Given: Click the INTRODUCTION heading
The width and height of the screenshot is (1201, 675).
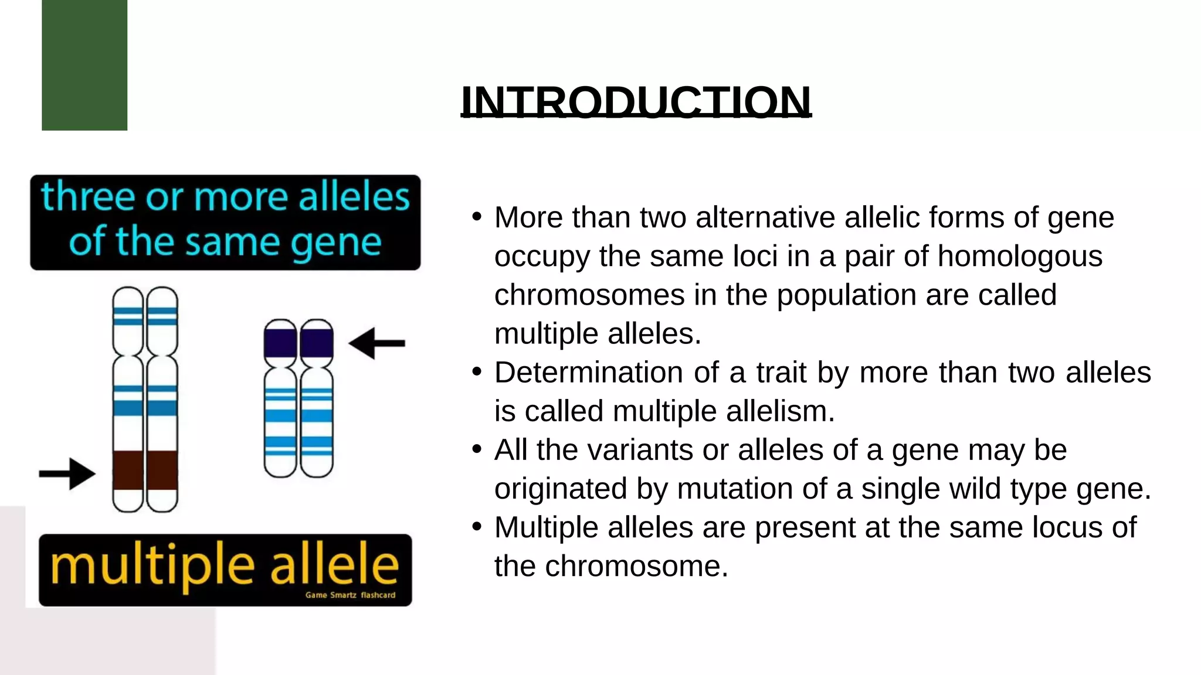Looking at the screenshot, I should (x=636, y=101).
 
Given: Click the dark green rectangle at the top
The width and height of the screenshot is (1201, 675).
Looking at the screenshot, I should (x=84, y=64).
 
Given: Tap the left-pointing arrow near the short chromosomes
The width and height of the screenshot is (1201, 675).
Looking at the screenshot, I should (x=376, y=343).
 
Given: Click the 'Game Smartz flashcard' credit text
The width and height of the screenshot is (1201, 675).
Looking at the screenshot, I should (x=350, y=595).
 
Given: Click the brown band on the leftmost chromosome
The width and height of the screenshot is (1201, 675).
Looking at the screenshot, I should (x=128, y=470).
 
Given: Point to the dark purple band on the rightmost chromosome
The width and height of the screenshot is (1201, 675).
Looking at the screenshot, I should (x=317, y=344).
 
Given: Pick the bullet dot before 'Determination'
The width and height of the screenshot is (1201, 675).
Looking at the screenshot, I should (x=477, y=371).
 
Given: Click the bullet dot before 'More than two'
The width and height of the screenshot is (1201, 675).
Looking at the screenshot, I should (x=477, y=216).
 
